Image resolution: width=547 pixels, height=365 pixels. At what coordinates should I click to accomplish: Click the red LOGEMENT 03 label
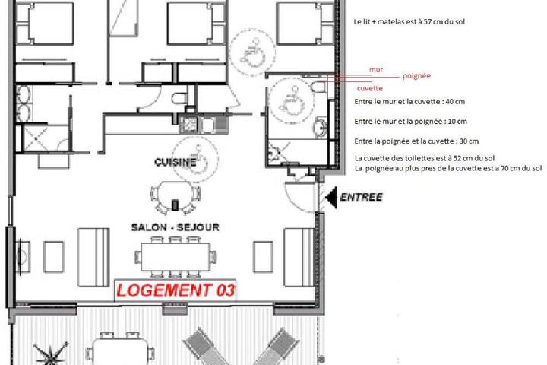(175, 290)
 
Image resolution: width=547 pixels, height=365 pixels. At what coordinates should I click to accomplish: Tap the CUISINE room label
(175, 162)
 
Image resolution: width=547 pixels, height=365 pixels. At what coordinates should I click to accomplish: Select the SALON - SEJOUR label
(175, 227)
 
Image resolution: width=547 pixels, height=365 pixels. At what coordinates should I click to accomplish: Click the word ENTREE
(361, 197)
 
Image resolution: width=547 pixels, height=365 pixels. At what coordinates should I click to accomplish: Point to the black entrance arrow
(332, 198)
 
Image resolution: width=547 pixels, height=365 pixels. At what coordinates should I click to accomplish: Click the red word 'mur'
(376, 70)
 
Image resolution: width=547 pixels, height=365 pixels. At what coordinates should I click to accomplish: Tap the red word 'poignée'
(416, 76)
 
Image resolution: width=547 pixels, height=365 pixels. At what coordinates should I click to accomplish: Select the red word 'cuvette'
(370, 88)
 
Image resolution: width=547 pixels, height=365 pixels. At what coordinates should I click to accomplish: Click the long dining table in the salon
(175, 257)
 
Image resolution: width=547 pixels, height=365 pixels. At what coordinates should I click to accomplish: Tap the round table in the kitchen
(175, 197)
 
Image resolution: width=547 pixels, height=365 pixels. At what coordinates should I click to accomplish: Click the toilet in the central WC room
(179, 98)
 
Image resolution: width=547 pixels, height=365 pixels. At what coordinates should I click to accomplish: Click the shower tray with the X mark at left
(36, 138)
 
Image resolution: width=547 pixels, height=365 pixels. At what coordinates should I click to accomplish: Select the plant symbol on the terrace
(51, 354)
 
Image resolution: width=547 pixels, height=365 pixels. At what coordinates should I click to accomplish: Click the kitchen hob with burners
(188, 125)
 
